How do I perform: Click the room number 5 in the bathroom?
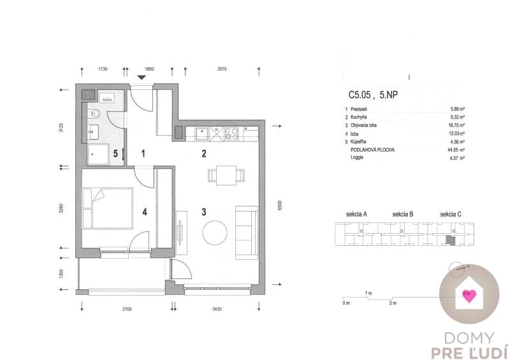[x=115, y=154]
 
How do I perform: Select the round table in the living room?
[x=215, y=232]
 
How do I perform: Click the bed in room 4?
[x=106, y=207]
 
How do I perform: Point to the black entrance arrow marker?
[x=142, y=78]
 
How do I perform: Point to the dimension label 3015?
[x=221, y=68]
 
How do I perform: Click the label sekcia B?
[x=404, y=214]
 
